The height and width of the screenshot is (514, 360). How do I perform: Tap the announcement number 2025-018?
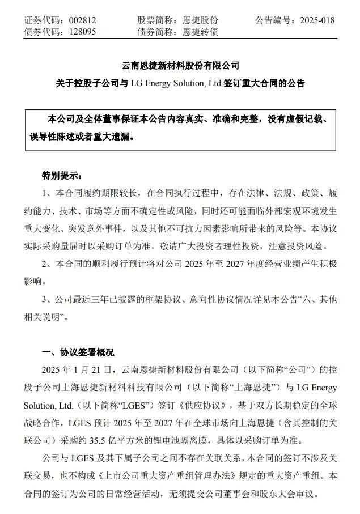(x=312, y=20)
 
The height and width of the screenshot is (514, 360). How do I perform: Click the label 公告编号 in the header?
(x=274, y=20)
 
